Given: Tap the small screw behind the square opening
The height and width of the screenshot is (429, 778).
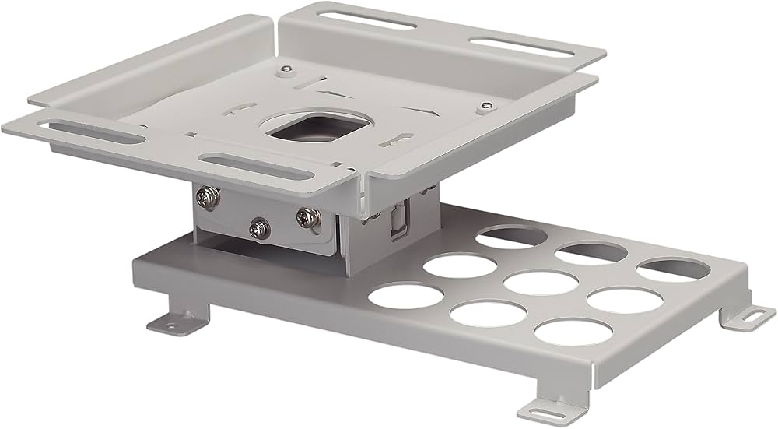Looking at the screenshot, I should click(x=289, y=69).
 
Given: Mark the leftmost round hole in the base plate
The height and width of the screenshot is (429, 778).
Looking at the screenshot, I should click(x=406, y=294).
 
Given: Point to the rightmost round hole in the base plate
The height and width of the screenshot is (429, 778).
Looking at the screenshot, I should click(x=675, y=269).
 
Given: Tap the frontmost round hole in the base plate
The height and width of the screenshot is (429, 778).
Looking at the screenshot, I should click(x=572, y=331).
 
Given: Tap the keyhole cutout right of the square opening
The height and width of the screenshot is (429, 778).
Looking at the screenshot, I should click(x=401, y=140).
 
